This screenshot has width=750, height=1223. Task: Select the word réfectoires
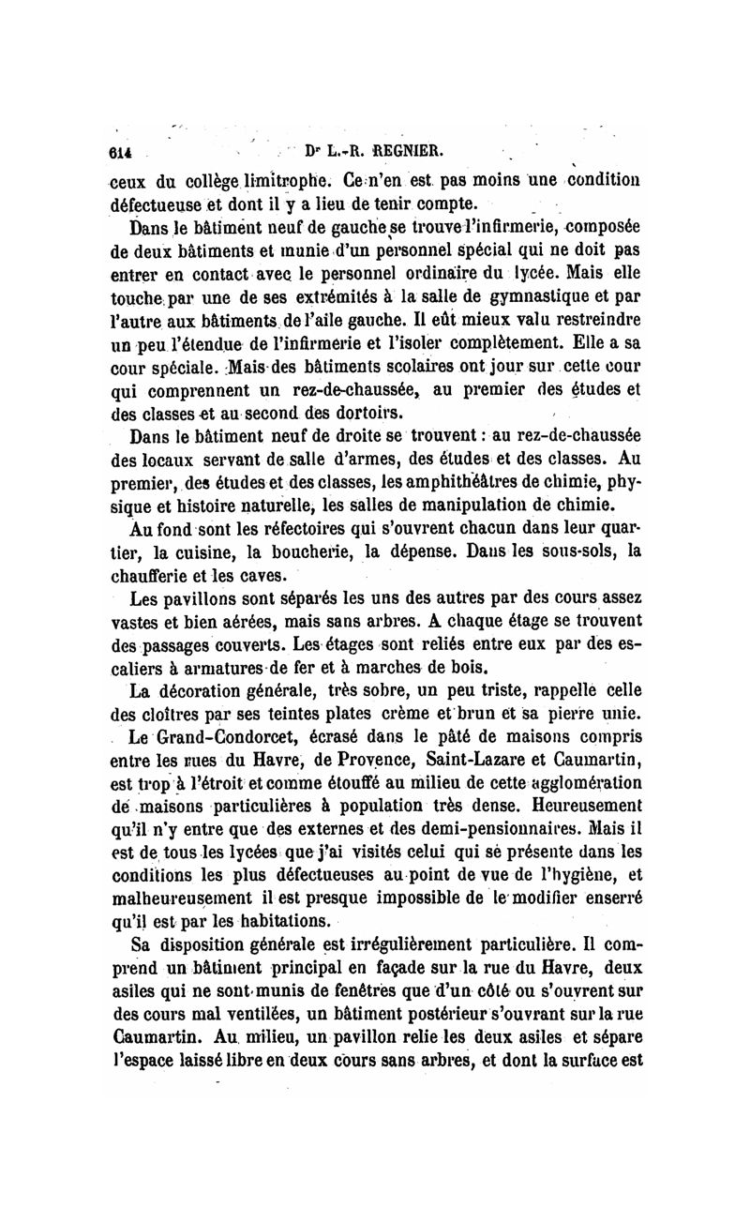pos(274,528)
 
